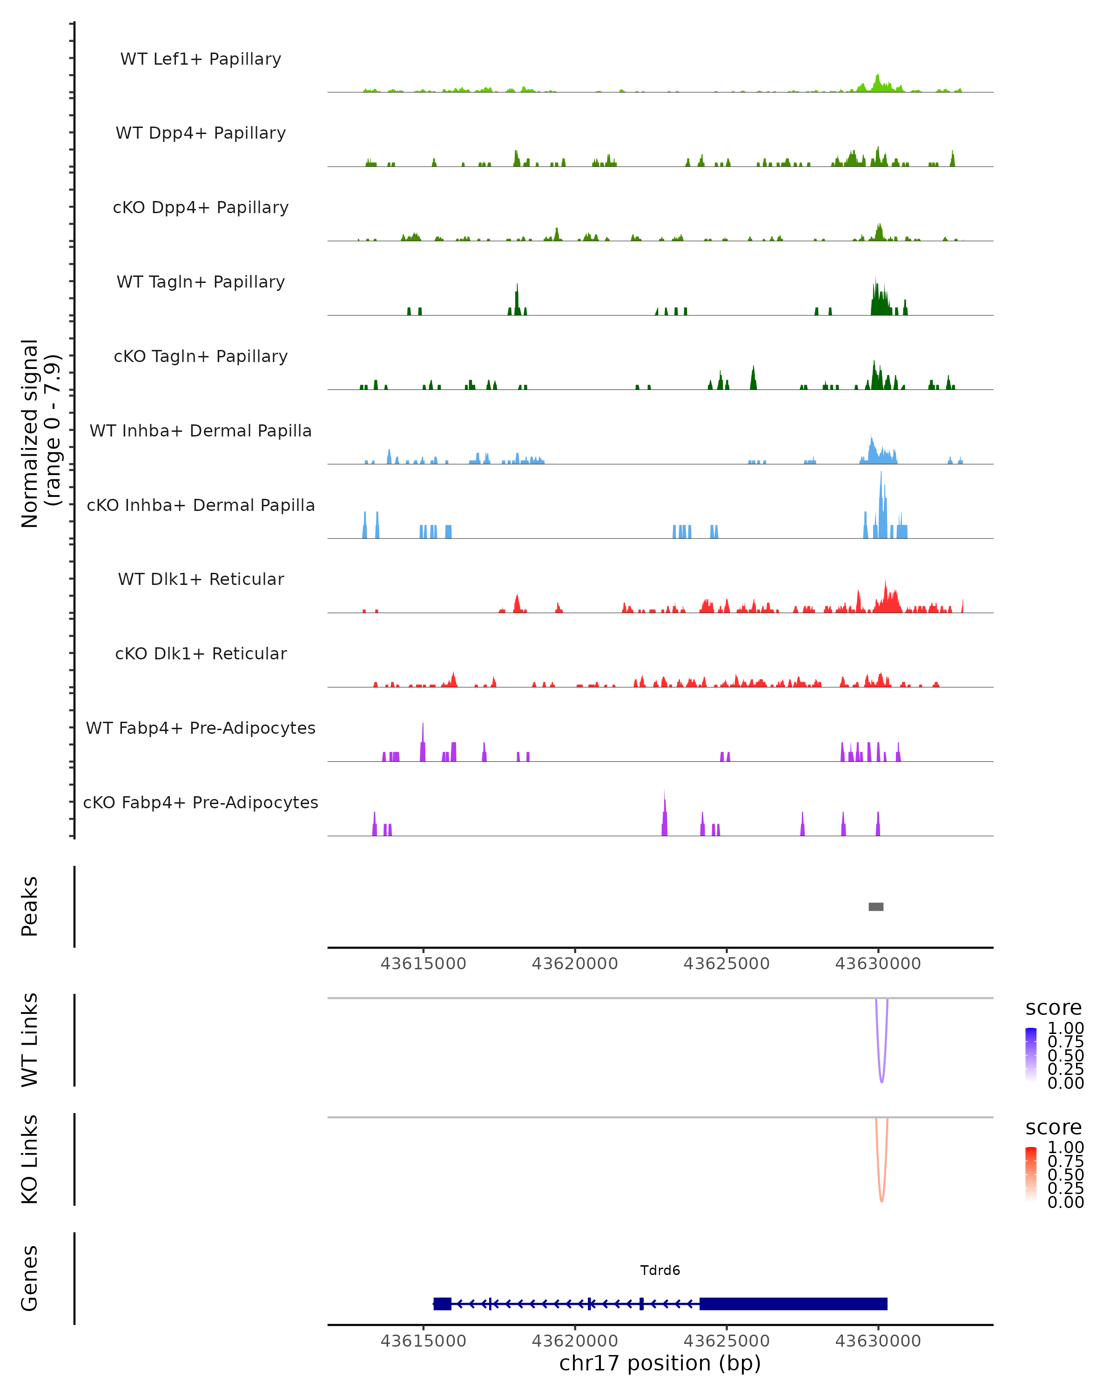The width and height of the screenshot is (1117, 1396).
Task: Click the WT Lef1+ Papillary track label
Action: point(201,59)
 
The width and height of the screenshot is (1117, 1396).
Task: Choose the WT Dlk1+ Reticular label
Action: point(201,579)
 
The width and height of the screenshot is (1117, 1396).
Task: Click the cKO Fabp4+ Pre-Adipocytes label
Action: point(201,802)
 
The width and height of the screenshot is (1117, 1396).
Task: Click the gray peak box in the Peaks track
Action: point(875,906)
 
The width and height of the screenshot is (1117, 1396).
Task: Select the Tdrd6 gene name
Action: point(660,1270)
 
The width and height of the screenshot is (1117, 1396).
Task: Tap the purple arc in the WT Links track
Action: point(881,1075)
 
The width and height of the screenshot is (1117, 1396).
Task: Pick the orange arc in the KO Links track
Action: point(881,1195)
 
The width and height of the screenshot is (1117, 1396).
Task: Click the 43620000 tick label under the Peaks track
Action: point(574,964)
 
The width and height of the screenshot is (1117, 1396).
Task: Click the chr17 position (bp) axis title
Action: point(660,1363)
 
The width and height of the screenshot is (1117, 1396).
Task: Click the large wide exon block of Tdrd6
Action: point(793,1303)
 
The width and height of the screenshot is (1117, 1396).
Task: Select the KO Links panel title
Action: point(30,1159)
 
